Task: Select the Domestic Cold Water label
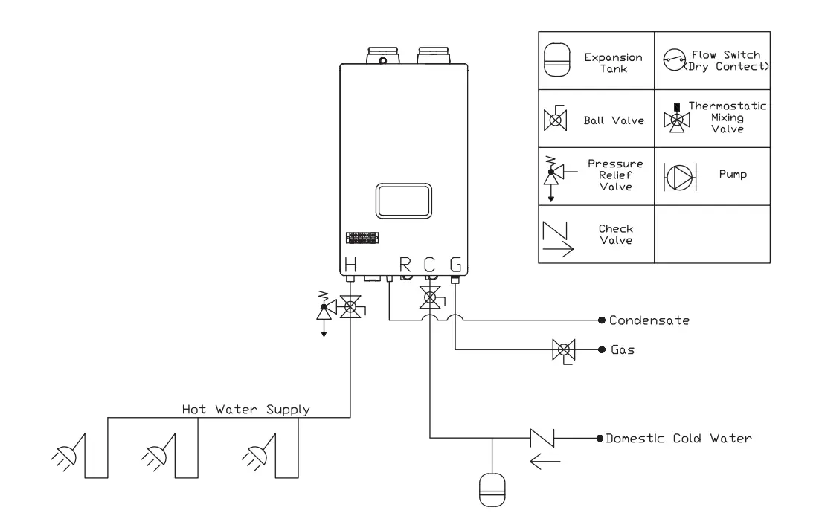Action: pyautogui.click(x=678, y=438)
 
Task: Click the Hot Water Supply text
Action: pyautogui.click(x=246, y=409)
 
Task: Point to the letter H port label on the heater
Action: pyautogui.click(x=350, y=264)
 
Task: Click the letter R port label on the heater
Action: pyautogui.click(x=406, y=264)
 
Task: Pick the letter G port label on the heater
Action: pyautogui.click(x=455, y=264)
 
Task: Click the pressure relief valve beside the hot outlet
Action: pyautogui.click(x=324, y=311)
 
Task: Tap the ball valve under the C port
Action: pyautogui.click(x=430, y=300)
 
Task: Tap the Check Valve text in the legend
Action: pyautogui.click(x=615, y=235)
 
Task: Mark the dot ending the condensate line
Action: pyautogui.click(x=601, y=321)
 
